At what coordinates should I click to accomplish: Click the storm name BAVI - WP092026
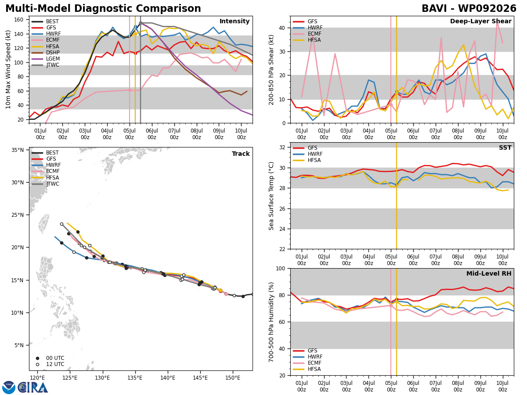click(469, 8)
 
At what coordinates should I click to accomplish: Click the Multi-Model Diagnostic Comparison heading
click(103, 9)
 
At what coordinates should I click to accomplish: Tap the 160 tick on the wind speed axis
click(19, 20)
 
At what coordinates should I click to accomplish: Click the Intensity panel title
click(235, 22)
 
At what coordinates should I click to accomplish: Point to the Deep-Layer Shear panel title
click(480, 22)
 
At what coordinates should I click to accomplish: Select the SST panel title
click(505, 147)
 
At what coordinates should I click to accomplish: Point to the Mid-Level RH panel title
click(489, 273)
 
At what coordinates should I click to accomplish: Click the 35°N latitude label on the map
click(18, 150)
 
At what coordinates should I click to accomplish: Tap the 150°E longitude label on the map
click(233, 378)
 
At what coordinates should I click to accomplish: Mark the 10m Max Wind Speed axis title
click(8, 69)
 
